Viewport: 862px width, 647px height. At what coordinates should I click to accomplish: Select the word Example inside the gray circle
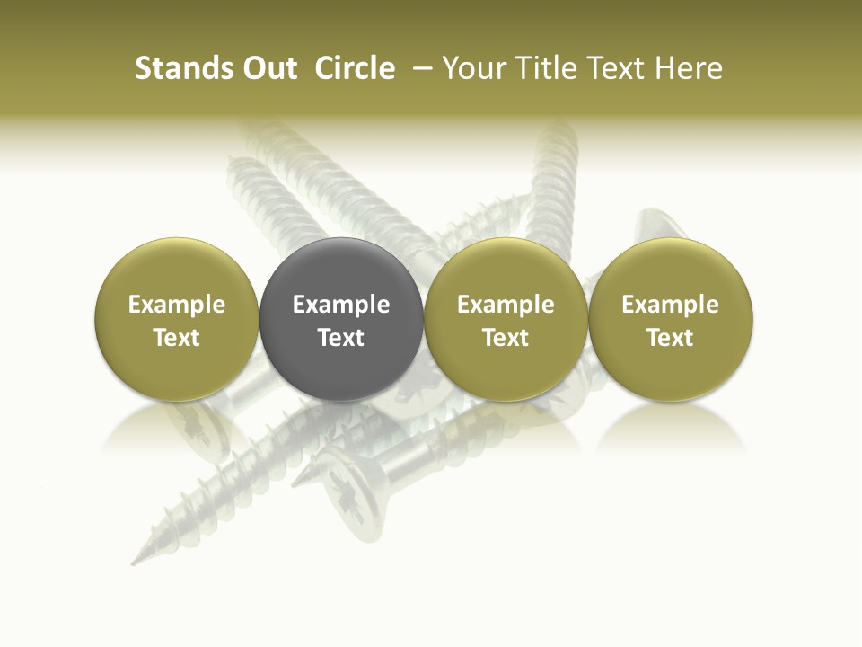point(341,305)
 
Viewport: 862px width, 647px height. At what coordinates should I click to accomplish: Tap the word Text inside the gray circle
point(341,338)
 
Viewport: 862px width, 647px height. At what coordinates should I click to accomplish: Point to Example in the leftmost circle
point(177,305)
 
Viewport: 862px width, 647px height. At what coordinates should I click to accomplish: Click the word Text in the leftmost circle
point(177,338)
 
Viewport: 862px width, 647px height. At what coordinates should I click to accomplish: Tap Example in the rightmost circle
point(671,305)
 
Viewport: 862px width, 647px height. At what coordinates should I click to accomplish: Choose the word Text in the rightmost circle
point(671,338)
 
